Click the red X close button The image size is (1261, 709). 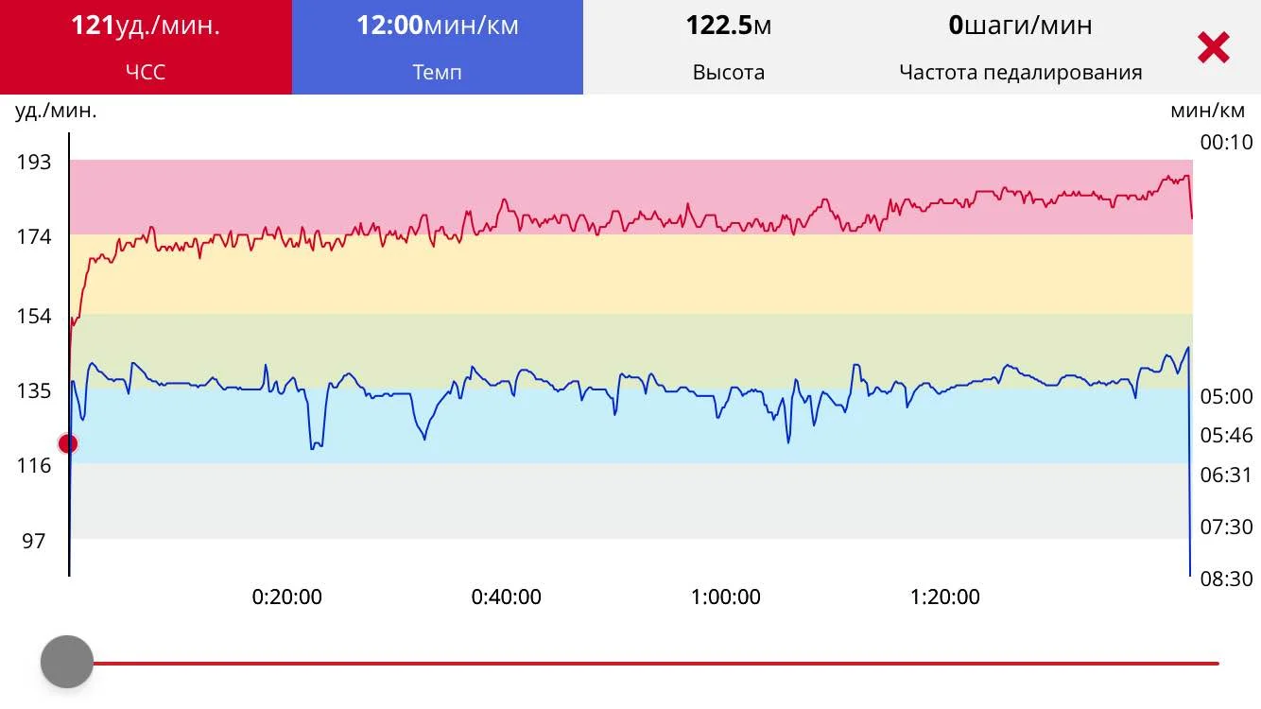click(1213, 47)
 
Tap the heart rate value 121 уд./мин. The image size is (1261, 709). click(146, 26)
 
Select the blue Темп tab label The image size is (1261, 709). click(437, 72)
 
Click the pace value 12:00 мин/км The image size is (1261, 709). click(437, 26)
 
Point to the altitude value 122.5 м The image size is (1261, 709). click(728, 26)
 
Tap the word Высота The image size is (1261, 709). click(728, 72)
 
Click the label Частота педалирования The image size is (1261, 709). click(1020, 72)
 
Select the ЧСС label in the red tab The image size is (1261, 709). click(146, 72)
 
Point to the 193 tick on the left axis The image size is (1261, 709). click(34, 162)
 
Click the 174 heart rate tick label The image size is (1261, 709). click(34, 236)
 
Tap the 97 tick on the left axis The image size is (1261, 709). click(34, 541)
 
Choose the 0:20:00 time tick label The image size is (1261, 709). click(286, 597)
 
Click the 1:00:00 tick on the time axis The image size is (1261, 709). click(725, 597)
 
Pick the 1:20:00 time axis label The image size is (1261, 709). click(944, 597)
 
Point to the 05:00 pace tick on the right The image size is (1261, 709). click(1226, 396)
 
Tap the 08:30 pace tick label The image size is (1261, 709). click(1226, 578)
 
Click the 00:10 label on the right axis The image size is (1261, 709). click(1226, 143)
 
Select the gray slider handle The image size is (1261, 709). click(67, 662)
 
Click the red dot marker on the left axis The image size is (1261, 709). click(68, 443)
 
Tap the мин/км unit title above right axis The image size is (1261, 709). click(1207, 111)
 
